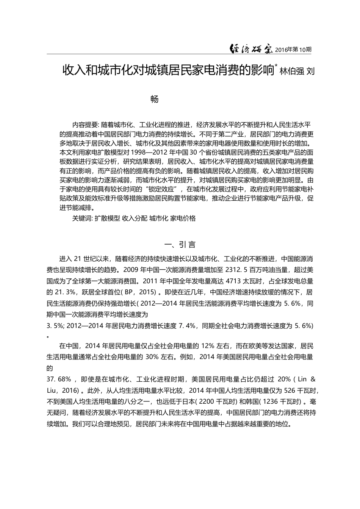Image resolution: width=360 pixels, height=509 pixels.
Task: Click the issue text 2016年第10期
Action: [x=293, y=50]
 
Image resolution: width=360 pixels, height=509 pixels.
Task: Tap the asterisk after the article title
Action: [x=276, y=67]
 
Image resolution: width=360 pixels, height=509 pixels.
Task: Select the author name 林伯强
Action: [x=291, y=71]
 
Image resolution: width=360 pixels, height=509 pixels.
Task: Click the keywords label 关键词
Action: [x=82, y=218]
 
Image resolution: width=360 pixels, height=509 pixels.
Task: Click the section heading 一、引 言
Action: [x=180, y=244]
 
